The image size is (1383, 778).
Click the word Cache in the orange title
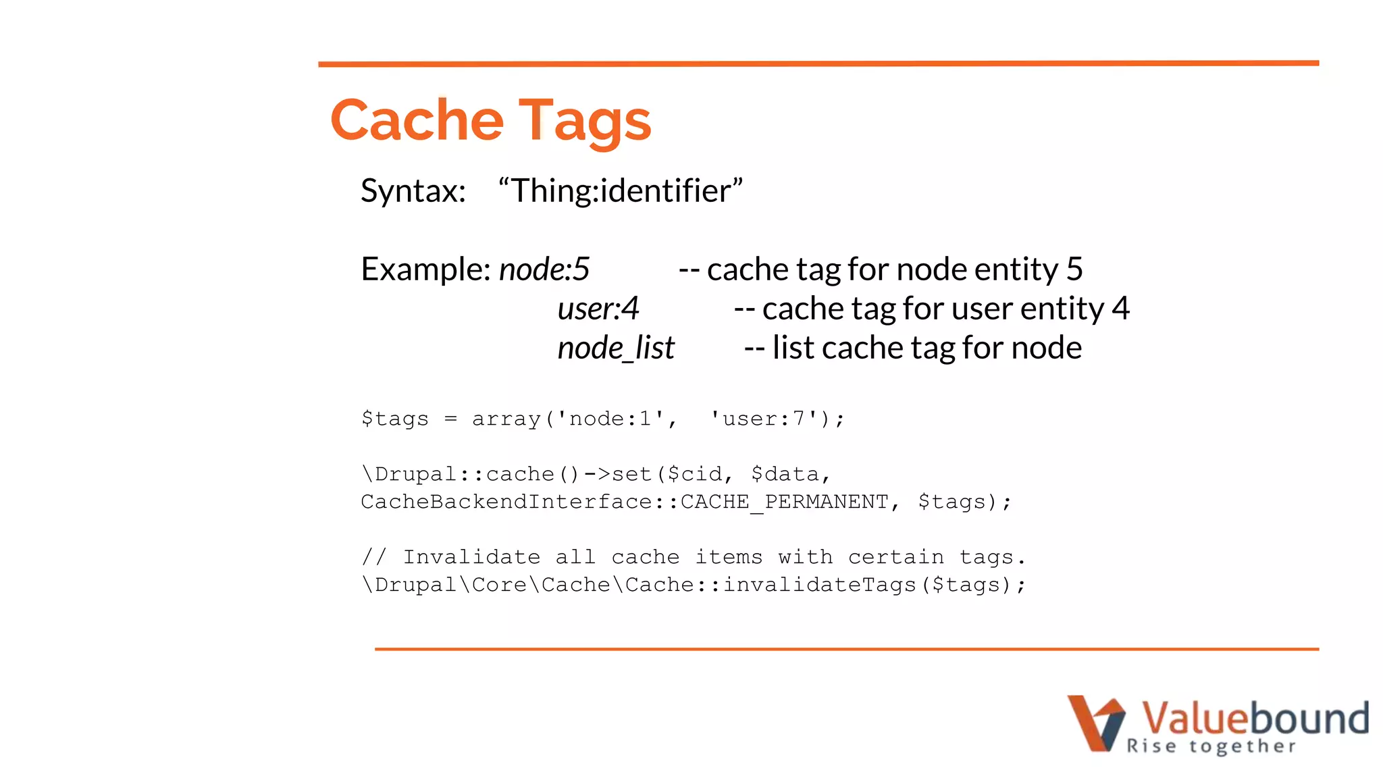(x=417, y=120)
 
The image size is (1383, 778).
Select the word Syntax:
(x=413, y=191)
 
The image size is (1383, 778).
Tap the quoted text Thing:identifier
(x=620, y=190)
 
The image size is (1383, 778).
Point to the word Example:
(x=425, y=269)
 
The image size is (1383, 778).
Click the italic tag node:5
(x=544, y=269)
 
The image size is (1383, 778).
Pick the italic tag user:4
(x=598, y=309)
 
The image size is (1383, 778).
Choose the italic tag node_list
(x=616, y=348)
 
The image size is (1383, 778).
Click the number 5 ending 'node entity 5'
(x=1074, y=269)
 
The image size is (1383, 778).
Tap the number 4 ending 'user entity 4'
(x=1121, y=309)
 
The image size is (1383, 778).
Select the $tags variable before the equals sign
(x=395, y=419)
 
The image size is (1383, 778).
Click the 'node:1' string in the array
(x=611, y=419)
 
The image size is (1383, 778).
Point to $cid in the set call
(x=694, y=474)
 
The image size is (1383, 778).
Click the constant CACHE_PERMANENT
(x=784, y=502)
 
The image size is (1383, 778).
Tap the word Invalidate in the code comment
(x=471, y=557)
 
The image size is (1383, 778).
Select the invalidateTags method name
(x=819, y=585)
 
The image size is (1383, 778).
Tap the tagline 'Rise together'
(x=1211, y=746)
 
